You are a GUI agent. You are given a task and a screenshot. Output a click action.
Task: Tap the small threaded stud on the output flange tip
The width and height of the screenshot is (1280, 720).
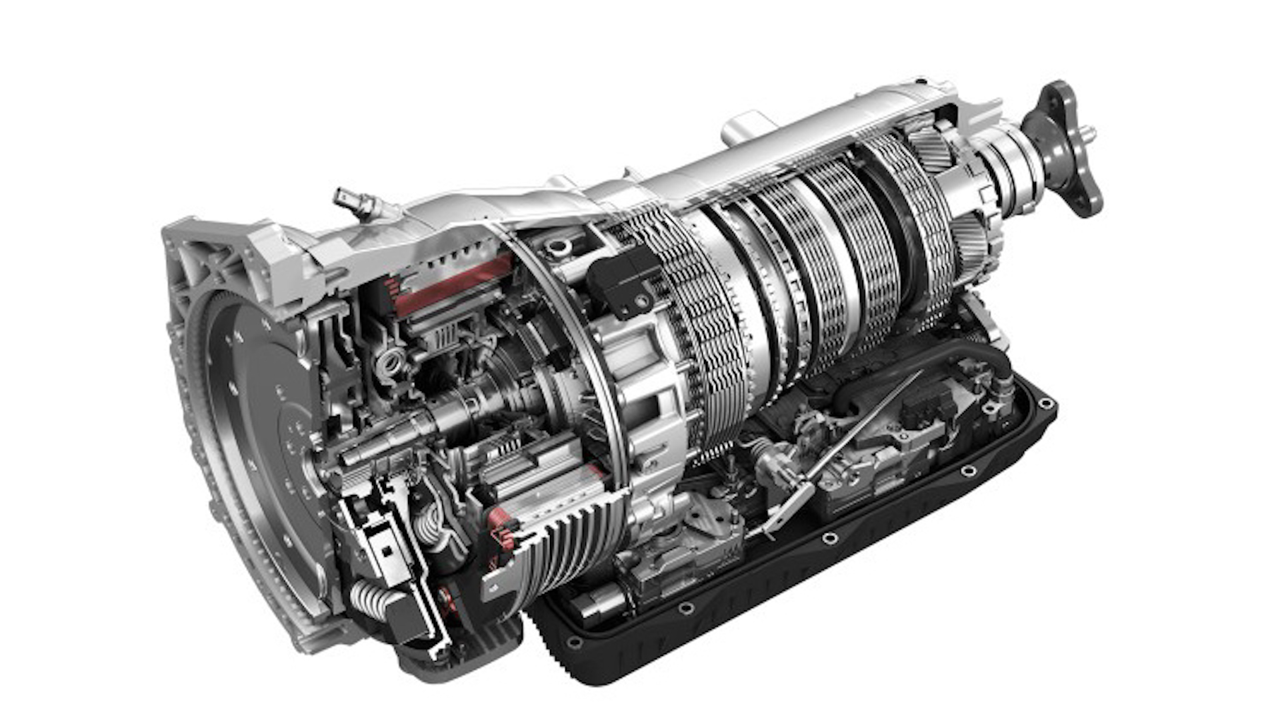(1089, 133)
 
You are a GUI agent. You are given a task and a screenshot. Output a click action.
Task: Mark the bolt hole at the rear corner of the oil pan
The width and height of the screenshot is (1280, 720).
(1045, 404)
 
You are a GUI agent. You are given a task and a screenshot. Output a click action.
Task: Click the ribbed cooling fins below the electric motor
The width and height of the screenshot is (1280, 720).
(567, 540)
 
